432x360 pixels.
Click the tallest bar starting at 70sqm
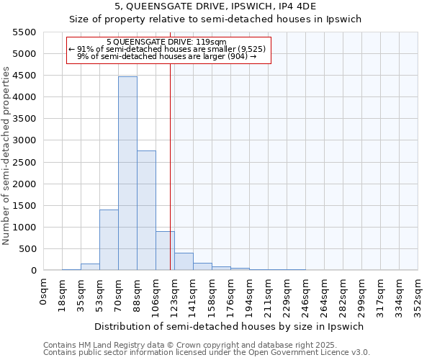(x=127, y=173)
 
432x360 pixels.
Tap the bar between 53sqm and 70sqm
(x=109, y=240)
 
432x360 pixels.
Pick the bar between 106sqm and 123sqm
(x=165, y=251)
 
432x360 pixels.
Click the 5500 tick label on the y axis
(x=24, y=32)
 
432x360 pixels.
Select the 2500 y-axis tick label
(x=24, y=163)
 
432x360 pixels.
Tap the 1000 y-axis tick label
(x=24, y=228)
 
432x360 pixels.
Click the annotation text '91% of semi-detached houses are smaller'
(x=168, y=49)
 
